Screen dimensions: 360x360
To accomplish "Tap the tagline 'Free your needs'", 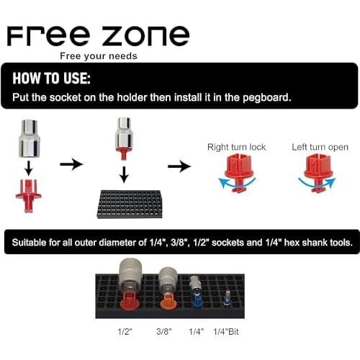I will pyautogui.click(x=99, y=56).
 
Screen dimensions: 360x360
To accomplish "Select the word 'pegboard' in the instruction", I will pyautogui.click(x=264, y=96).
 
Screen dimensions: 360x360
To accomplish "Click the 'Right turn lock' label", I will pyautogui.click(x=236, y=147).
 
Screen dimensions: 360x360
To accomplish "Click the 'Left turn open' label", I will pyautogui.click(x=320, y=147).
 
